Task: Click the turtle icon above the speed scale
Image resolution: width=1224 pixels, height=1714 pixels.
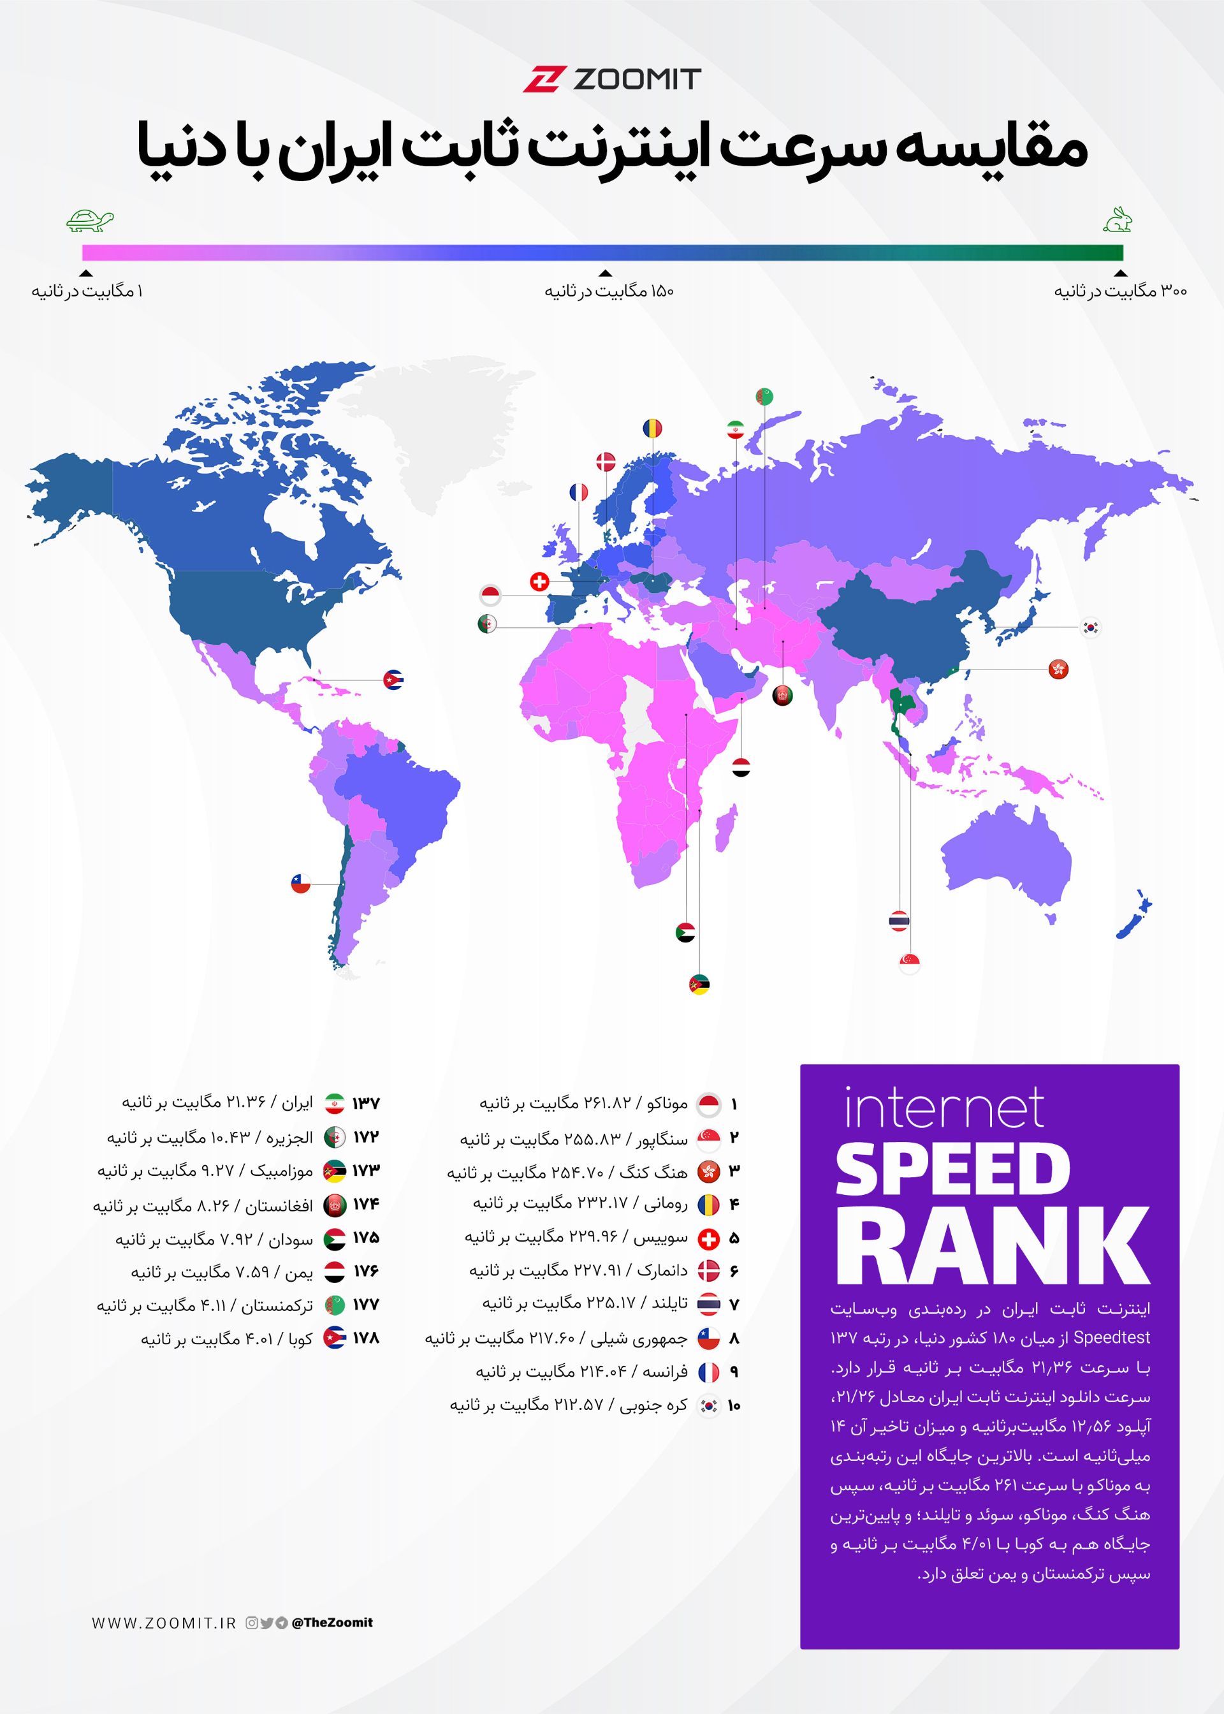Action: [x=90, y=220]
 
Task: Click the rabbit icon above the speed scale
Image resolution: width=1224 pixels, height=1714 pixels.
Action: [x=1118, y=219]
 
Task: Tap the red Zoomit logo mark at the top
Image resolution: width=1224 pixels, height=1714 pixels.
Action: [x=544, y=79]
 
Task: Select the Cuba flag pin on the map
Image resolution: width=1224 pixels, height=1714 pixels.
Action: [x=393, y=680]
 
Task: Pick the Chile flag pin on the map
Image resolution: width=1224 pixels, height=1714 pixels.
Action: [x=301, y=883]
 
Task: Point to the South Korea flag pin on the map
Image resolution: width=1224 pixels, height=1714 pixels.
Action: [x=1090, y=627]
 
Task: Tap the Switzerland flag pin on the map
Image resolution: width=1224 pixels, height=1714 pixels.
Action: [x=540, y=581]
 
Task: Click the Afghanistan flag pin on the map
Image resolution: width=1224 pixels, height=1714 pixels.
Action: [x=782, y=696]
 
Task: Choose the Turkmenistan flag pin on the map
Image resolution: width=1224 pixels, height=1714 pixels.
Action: [x=764, y=396]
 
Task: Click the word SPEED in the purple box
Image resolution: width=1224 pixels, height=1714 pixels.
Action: [x=952, y=1171]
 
